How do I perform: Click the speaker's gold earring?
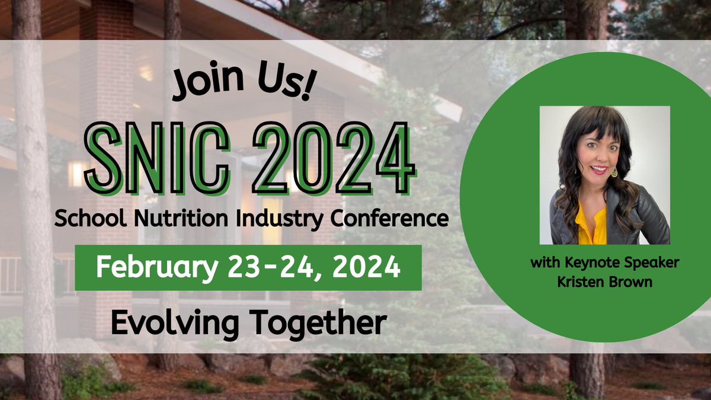tap(614, 172)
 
